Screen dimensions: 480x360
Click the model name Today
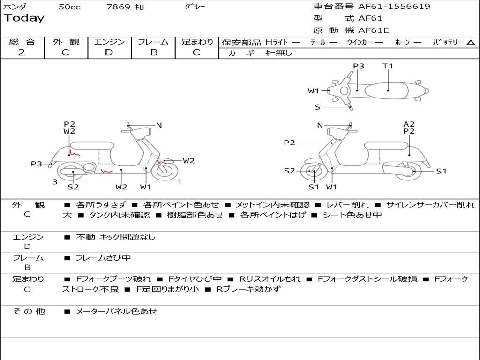24,18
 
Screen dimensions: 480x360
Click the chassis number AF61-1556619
394,7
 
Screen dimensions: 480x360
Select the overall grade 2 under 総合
22,52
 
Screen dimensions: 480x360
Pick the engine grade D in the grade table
109,52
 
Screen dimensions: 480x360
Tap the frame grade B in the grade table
153,52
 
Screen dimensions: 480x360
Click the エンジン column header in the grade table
109,42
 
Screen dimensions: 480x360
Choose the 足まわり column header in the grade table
197,42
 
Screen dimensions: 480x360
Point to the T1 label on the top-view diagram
388,66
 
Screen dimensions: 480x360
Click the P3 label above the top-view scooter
359,66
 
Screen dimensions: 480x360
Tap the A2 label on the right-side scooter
409,124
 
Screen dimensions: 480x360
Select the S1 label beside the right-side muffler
441,171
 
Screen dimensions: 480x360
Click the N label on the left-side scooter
159,125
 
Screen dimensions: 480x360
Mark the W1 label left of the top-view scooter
314,91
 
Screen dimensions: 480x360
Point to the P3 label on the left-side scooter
37,164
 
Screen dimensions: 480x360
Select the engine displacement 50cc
69,7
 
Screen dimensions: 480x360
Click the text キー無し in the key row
278,53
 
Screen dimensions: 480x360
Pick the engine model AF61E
374,30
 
